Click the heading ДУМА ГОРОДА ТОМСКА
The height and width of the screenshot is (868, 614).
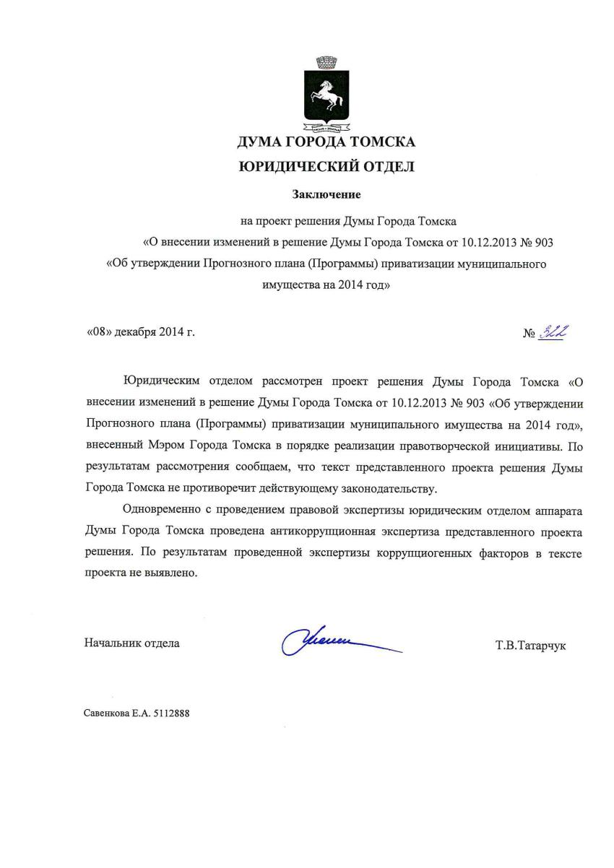(x=327, y=142)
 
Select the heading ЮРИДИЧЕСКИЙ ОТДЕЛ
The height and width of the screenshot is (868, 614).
(x=327, y=168)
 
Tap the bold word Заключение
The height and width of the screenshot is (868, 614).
(x=326, y=194)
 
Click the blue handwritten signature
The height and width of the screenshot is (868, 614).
(x=332, y=641)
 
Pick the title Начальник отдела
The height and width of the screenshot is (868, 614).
(x=132, y=643)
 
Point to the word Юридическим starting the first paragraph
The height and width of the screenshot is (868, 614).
(x=160, y=382)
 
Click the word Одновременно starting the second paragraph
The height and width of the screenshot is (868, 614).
(x=160, y=511)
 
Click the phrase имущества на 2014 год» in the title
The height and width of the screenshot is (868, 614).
(x=326, y=285)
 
